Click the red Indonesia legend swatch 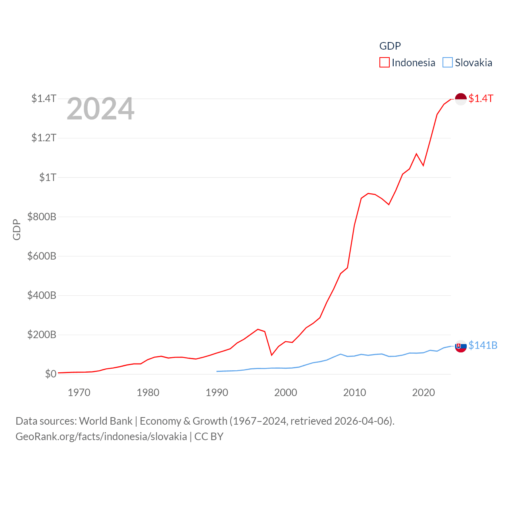tap(384, 63)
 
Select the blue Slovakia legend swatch tap(448, 63)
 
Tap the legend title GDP tap(390, 46)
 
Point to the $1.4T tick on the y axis tap(44, 98)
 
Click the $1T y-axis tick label tap(48, 177)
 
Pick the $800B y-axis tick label tap(42, 217)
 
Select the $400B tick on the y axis tap(42, 295)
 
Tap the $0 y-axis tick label tap(50, 374)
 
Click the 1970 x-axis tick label tap(79, 393)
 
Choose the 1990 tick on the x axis tap(217, 393)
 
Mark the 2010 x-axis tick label tap(354, 393)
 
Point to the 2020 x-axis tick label tap(423, 393)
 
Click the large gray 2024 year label tap(100, 109)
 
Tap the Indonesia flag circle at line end tap(460, 99)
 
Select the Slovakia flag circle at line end tap(460, 346)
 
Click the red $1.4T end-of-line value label tap(481, 98)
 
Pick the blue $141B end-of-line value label tap(483, 345)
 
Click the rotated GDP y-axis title tap(17, 229)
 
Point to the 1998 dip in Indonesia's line tap(271, 355)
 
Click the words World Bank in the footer tap(106, 421)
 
